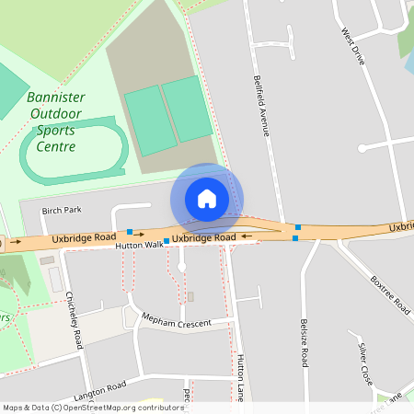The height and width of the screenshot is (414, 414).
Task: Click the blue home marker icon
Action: [206, 199]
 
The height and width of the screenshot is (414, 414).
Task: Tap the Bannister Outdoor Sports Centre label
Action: [57, 121]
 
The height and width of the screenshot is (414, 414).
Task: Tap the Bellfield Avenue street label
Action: [260, 107]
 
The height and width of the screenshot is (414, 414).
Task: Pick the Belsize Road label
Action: [304, 344]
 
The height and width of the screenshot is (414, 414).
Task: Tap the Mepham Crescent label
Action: [176, 321]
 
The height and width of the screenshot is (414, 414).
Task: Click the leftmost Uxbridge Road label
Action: [84, 237]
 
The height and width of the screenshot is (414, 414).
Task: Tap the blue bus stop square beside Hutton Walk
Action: [167, 241]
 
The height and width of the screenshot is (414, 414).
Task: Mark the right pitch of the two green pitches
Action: [187, 108]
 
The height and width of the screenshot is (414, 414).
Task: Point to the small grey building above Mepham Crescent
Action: [191, 296]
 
